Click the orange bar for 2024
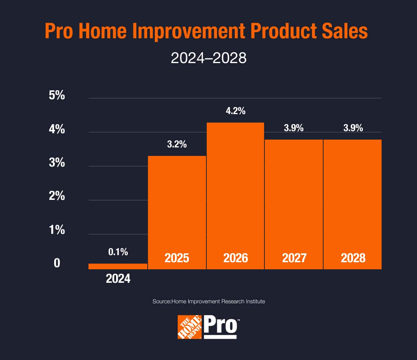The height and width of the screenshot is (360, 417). click(118, 266)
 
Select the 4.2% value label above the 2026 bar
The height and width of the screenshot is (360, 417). click(235, 111)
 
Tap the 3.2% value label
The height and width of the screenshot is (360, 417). click(177, 144)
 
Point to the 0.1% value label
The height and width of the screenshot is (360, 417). click(118, 252)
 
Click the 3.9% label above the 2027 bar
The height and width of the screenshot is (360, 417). click(293, 128)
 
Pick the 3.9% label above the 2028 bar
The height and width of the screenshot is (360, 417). click(353, 128)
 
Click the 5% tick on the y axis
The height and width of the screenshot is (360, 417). click(57, 95)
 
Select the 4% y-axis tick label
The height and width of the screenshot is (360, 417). click(57, 129)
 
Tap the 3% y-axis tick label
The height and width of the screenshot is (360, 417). click(57, 163)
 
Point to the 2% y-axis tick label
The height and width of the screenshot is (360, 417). click(57, 196)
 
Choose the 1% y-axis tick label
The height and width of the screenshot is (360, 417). click(57, 230)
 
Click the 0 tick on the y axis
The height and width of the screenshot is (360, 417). click(57, 264)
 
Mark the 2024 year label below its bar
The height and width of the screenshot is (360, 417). click(118, 279)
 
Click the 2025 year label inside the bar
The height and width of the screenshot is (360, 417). click(177, 258)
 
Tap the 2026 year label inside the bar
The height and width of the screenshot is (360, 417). click(235, 258)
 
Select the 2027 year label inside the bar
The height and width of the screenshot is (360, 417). click(294, 258)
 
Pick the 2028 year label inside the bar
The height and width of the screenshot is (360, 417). click(353, 258)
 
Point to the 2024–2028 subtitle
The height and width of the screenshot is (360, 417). click(208, 58)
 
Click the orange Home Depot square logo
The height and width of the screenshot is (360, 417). click(190, 327)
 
